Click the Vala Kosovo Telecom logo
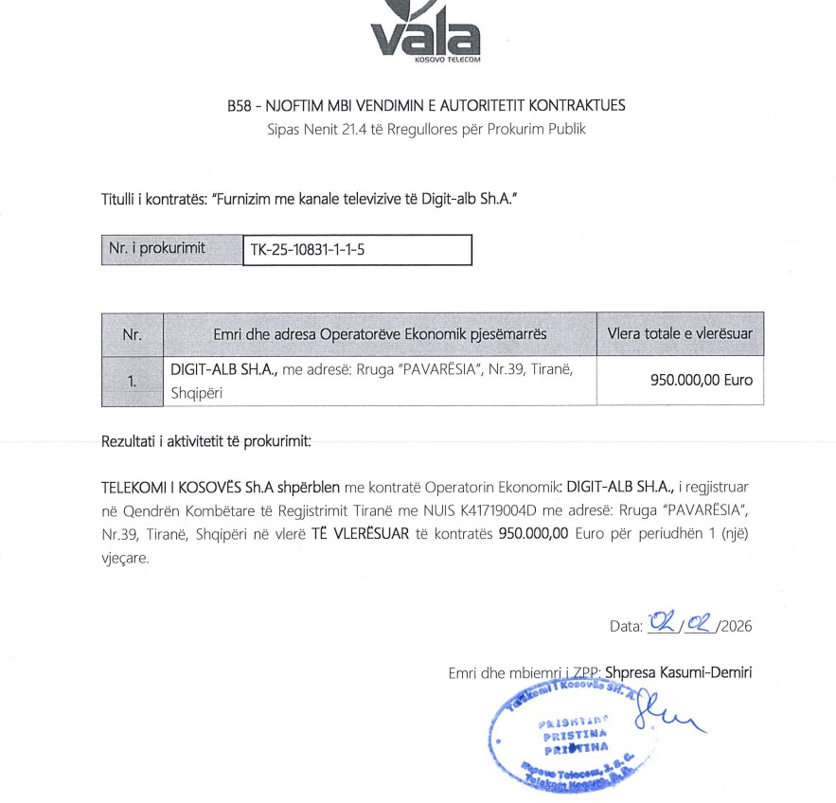(425, 33)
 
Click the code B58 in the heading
(240, 105)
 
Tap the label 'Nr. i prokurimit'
(156, 250)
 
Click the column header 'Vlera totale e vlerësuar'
(680, 334)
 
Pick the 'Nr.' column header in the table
(132, 334)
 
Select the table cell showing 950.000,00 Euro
(701, 381)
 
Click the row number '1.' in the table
(132, 381)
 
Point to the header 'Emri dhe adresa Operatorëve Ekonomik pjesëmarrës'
(380, 334)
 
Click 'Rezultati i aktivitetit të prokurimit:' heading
(206, 442)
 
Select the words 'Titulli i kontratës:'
(155, 201)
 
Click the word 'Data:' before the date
(627, 626)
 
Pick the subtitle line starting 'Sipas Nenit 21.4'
(425, 129)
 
